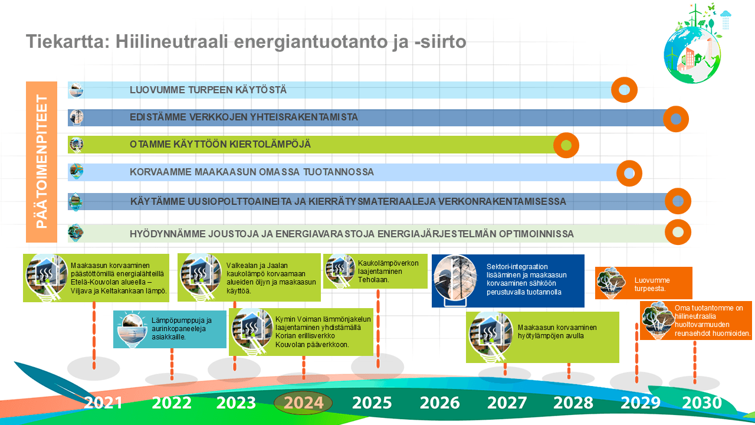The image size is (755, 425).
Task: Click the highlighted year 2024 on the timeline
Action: point(303,403)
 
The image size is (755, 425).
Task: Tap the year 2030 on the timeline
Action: point(702,403)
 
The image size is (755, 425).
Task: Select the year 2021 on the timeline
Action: point(103,403)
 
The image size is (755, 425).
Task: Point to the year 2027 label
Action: point(507,403)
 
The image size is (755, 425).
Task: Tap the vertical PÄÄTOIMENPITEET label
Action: point(41,162)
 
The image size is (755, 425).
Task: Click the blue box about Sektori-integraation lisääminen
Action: point(508,280)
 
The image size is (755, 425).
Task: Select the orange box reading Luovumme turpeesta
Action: point(644,283)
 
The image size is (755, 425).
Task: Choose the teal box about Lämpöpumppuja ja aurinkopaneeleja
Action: point(170,329)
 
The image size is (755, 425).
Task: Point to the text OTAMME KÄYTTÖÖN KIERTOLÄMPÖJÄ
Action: point(220,145)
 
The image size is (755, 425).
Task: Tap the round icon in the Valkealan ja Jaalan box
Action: point(201,277)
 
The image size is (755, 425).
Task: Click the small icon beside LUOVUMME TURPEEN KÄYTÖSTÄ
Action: point(76,90)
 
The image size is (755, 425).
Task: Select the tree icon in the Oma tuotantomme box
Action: point(657,321)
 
